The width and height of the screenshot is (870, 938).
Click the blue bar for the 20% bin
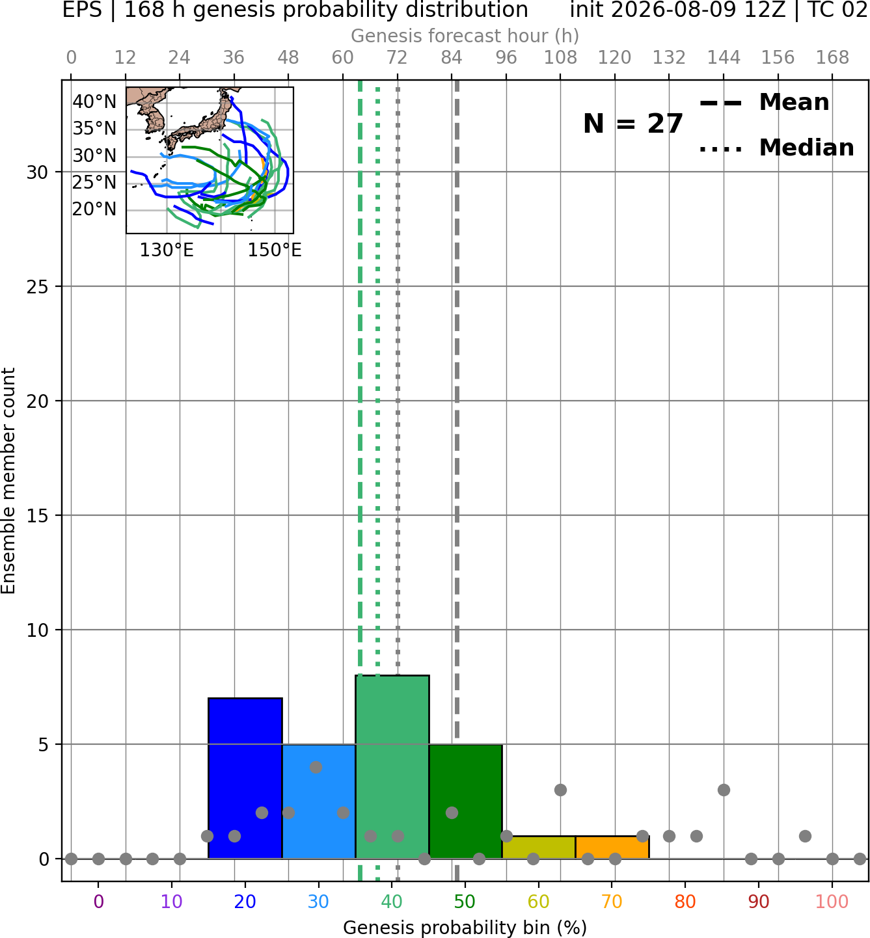[245, 778]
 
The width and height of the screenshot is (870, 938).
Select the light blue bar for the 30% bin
[319, 801]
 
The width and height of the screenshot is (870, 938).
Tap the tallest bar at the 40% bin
[392, 766]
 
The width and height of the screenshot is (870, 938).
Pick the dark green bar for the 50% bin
[465, 801]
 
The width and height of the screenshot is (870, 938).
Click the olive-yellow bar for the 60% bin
[539, 848]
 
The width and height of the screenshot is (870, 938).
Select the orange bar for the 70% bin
[612, 848]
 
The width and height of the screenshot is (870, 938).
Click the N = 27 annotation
[633, 124]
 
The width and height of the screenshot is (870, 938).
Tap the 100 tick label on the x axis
[832, 902]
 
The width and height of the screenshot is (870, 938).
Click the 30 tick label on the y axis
[38, 172]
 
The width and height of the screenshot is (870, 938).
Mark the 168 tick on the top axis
[832, 58]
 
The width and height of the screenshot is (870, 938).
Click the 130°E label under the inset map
[167, 250]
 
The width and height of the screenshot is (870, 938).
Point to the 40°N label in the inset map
[94, 101]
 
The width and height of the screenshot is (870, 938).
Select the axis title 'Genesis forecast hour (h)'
[465, 36]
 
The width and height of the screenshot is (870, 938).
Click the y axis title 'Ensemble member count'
[8, 481]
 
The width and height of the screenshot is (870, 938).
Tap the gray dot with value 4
[316, 767]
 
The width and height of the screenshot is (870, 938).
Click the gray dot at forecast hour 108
[560, 790]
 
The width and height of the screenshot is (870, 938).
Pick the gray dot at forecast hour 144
[724, 790]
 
